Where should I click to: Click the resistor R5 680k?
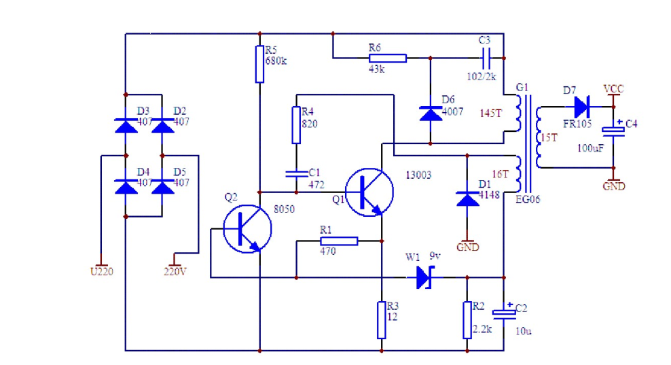pyautogui.click(x=259, y=64)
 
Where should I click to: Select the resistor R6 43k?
pyautogui.click(x=388, y=58)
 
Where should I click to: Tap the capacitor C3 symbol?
pyautogui.click(x=485, y=58)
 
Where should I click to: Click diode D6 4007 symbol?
pyautogui.click(x=431, y=113)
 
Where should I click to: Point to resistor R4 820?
pyautogui.click(x=295, y=124)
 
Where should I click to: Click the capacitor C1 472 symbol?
pyautogui.click(x=295, y=173)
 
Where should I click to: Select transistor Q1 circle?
pyautogui.click(x=369, y=192)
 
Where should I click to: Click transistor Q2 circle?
pyautogui.click(x=247, y=229)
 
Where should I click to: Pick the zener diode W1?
pyautogui.click(x=424, y=277)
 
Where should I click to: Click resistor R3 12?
pyautogui.click(x=382, y=320)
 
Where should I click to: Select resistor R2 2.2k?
pyautogui.click(x=467, y=320)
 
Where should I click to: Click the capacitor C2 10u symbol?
pyautogui.click(x=504, y=313)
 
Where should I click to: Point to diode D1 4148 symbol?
pyautogui.click(x=467, y=198)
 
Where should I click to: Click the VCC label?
pyautogui.click(x=613, y=89)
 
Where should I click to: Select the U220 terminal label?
pyautogui.click(x=101, y=271)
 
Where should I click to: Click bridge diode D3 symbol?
pyautogui.click(x=126, y=125)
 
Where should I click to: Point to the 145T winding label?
pyautogui.click(x=490, y=113)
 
